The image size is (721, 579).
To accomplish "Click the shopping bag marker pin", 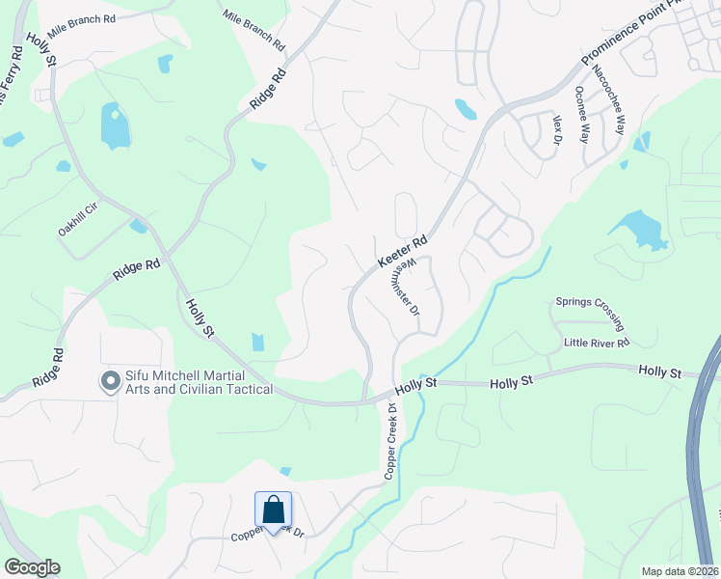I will point(274,511).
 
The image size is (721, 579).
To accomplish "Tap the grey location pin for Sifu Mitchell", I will point(110,383).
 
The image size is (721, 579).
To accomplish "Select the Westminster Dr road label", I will point(410,287).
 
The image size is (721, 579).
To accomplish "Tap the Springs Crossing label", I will point(590,312).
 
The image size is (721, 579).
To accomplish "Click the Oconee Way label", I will point(581,114).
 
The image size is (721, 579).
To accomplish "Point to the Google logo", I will point(32,567).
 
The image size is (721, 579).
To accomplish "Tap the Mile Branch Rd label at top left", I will point(81,19).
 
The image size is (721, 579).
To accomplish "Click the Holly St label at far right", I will point(660,372).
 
